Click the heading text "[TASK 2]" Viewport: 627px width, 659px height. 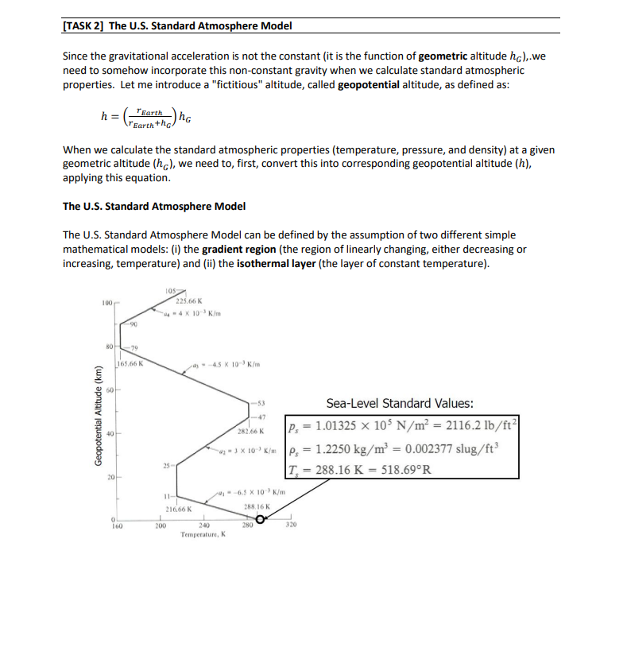[83, 25]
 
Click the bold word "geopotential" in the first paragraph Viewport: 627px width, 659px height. [371, 85]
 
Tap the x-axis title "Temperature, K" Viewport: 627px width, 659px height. [203, 535]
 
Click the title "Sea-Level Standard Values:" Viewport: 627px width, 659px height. [400, 403]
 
